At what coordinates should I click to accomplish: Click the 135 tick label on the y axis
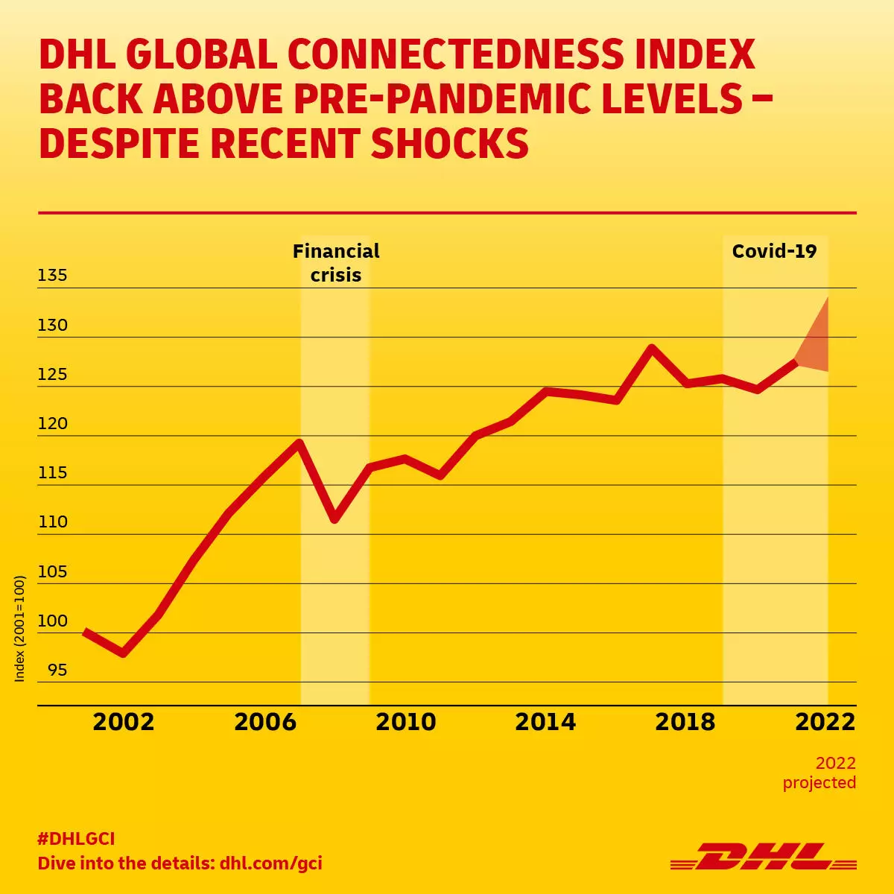pos(52,275)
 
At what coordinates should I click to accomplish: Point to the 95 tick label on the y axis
pos(57,670)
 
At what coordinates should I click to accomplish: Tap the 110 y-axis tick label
pos(52,521)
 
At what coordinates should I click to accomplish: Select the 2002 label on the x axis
pos(123,722)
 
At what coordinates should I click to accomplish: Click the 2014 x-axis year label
pos(545,722)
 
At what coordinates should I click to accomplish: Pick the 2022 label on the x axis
pos(825,722)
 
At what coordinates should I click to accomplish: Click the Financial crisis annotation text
pos(336,263)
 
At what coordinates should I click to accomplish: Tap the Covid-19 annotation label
pos(774,251)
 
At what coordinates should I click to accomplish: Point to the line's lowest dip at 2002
pos(123,653)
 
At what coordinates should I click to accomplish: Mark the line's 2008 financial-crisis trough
pos(335,518)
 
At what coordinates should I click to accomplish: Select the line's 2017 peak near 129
pos(651,348)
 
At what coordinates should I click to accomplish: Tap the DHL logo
pos(763,857)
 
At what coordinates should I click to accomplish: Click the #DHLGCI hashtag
pos(76,839)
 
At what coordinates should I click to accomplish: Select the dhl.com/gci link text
pos(271,863)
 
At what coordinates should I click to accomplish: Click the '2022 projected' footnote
pos(819,773)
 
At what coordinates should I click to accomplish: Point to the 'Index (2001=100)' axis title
pos(20,628)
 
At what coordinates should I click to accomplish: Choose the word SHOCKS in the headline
pos(449,143)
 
